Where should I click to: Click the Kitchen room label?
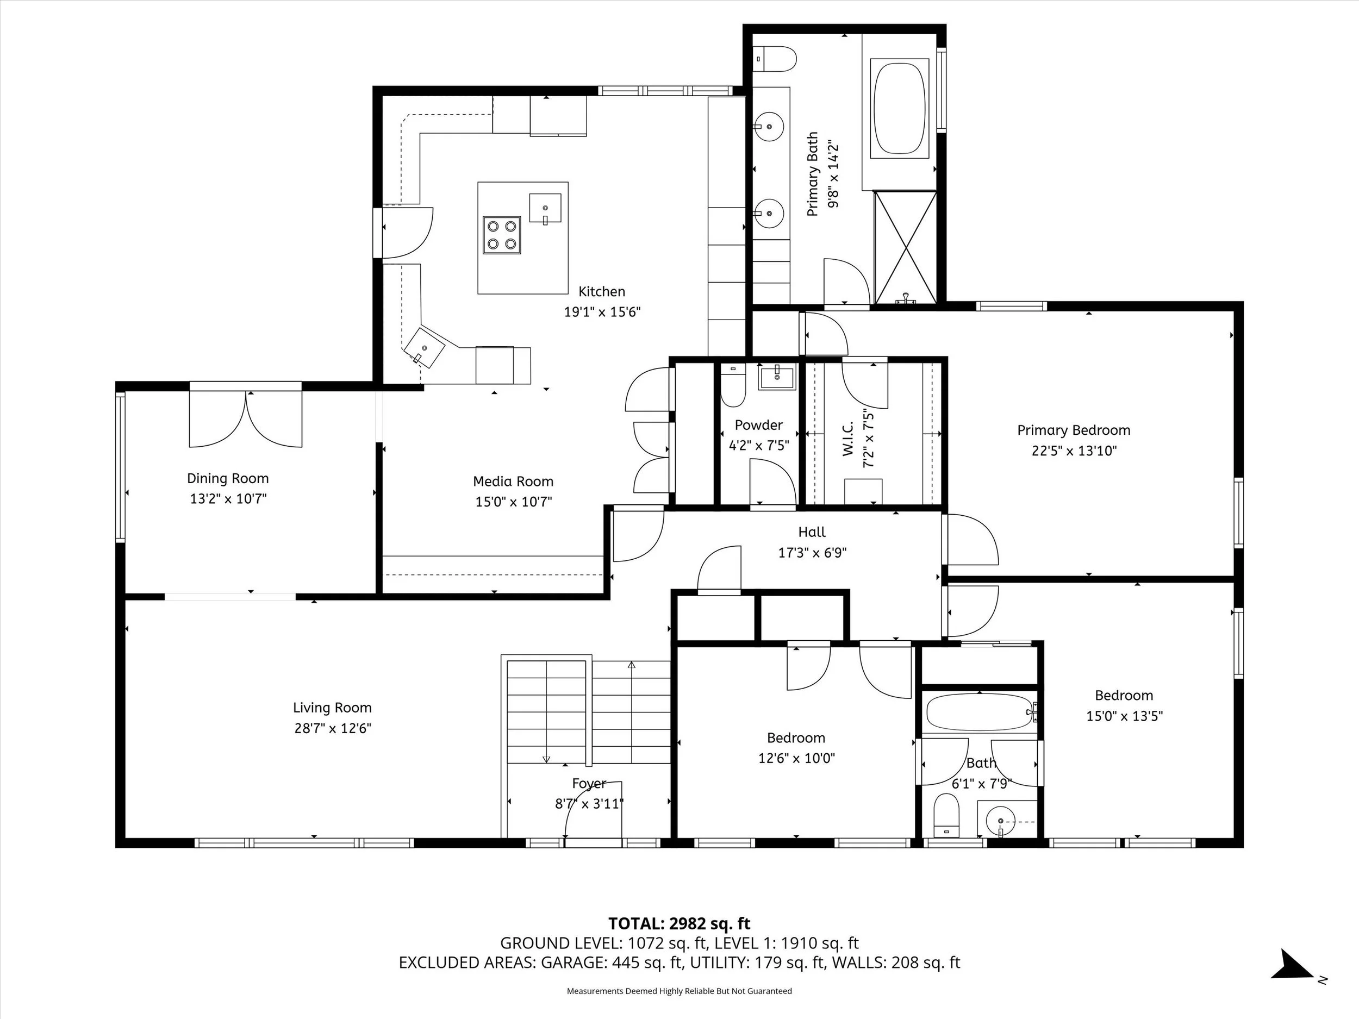(602, 292)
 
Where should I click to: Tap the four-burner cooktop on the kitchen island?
(502, 235)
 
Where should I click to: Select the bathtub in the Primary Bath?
(901, 108)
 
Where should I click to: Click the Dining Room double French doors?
(246, 418)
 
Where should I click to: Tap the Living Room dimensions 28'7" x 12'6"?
(332, 728)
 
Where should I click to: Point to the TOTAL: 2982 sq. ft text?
(679, 923)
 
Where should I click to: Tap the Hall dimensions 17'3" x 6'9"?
(812, 553)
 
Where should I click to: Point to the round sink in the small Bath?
(1000, 821)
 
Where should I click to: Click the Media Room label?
(513, 482)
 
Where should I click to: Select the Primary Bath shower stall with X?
(906, 247)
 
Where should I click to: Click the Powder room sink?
(777, 377)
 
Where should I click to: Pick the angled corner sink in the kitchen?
(424, 348)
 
